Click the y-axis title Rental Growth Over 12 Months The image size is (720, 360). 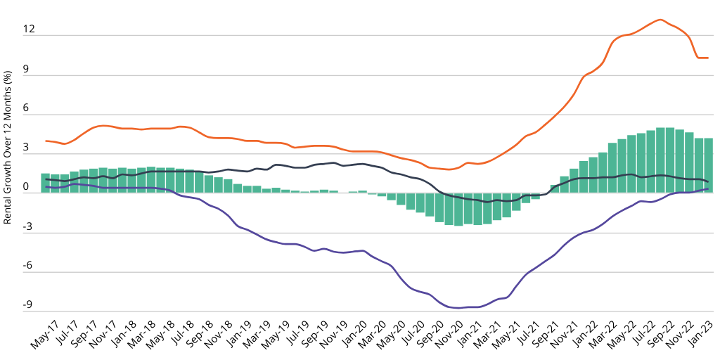[8, 147]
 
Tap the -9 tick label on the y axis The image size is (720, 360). [28, 305]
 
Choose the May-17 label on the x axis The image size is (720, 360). [44, 335]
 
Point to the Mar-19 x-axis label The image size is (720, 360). [255, 335]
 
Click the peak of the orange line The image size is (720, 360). [660, 20]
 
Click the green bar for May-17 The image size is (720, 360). [45, 183]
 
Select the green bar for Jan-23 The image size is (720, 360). [709, 165]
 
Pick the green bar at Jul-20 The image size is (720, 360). [420, 202]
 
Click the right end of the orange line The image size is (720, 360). [708, 58]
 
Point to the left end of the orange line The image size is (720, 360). [46, 141]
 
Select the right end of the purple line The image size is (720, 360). [708, 188]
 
